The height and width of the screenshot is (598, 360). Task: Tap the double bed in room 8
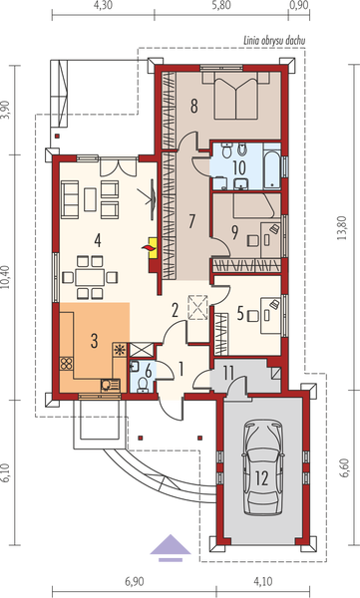(235, 97)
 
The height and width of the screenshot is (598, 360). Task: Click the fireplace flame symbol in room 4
(150, 248)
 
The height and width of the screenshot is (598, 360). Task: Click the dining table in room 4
(90, 277)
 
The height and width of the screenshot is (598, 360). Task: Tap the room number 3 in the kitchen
(94, 341)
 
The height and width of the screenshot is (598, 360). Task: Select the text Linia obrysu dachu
(274, 41)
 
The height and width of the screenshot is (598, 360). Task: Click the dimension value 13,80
(342, 227)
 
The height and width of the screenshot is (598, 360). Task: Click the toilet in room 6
(143, 385)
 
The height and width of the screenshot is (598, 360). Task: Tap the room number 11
(228, 374)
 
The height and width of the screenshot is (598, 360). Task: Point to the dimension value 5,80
(221, 6)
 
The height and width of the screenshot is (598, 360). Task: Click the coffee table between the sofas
(90, 199)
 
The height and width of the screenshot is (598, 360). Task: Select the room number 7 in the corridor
(191, 221)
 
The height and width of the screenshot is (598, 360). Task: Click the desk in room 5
(271, 316)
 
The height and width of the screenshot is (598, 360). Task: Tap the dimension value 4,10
(262, 582)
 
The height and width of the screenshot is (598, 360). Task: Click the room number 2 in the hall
(175, 311)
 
